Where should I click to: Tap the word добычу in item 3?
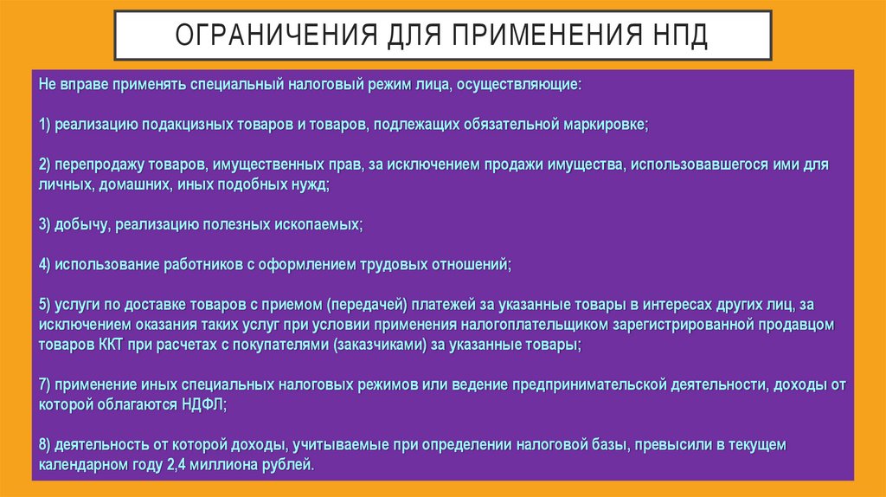pos(80,224)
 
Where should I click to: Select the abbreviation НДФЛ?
pos(203,403)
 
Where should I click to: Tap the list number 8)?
pos(46,444)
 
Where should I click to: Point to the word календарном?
pos(80,464)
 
